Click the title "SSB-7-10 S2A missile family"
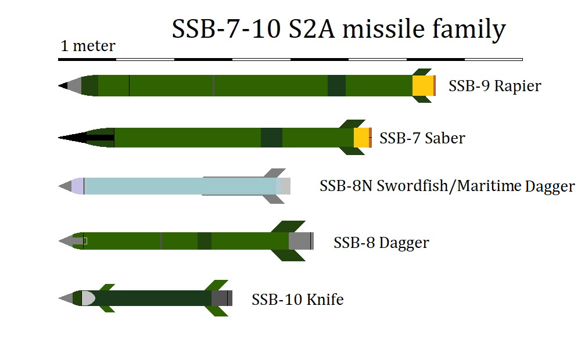point(339,29)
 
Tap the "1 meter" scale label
point(88,46)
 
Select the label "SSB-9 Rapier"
point(494,86)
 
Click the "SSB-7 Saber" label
point(422,138)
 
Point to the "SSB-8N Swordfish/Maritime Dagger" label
point(447,186)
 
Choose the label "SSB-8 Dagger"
point(381,243)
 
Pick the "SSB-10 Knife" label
point(297,299)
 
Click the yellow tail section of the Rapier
point(423,85)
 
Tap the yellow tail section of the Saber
point(361,138)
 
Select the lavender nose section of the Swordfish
point(77,186)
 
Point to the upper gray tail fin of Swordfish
point(275,173)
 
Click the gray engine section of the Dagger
point(300,241)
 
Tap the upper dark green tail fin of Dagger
point(288,226)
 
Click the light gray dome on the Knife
point(88,298)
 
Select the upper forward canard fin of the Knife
point(106,287)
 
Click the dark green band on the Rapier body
point(336,85)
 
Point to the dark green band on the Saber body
point(271,138)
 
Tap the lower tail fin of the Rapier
point(422,99)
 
